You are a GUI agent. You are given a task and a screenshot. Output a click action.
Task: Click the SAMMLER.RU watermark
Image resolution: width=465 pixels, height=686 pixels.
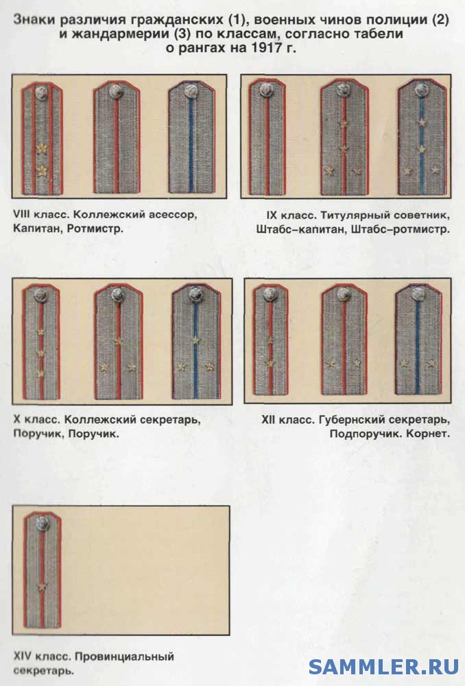(x=383, y=666)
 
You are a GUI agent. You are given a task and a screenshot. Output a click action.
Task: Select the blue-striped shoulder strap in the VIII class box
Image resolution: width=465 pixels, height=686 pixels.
(x=191, y=137)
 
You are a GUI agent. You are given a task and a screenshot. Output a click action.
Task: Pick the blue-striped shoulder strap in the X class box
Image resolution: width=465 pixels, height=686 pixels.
(x=195, y=341)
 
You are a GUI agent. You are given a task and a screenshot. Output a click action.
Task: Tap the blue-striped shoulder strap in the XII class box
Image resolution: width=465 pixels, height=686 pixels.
(x=418, y=340)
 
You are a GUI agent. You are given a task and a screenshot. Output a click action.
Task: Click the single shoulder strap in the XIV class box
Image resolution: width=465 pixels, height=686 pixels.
(x=43, y=570)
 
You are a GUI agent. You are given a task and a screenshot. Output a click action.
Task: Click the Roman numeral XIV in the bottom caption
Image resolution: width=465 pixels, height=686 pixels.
(x=23, y=657)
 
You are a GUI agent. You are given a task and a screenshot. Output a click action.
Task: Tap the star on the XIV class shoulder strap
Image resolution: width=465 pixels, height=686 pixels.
(x=42, y=587)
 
